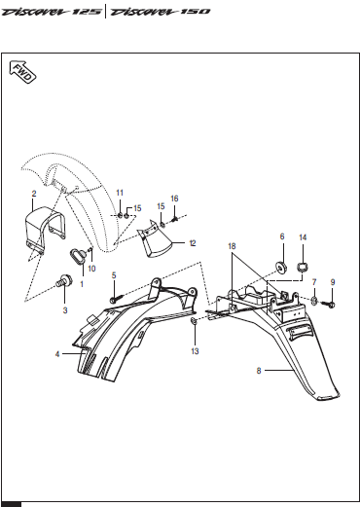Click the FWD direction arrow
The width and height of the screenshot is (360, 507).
click(22, 72)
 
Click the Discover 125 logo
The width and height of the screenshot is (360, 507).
click(52, 12)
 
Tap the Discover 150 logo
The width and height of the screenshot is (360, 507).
click(161, 12)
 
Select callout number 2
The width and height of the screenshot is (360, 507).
click(34, 194)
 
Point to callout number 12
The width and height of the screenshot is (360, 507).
click(193, 243)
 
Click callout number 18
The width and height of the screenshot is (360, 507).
click(232, 246)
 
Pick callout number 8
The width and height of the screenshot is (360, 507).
click(259, 371)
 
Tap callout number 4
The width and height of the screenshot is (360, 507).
click(57, 354)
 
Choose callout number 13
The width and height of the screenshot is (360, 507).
click(195, 351)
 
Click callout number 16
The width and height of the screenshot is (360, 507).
click(174, 199)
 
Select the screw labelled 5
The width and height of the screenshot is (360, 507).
click(118, 299)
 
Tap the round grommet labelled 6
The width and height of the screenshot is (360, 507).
click(281, 267)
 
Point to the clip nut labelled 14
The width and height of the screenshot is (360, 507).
click(303, 267)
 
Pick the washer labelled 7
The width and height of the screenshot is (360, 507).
click(314, 301)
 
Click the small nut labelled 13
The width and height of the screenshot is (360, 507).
click(194, 321)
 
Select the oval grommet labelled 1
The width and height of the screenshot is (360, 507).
click(78, 255)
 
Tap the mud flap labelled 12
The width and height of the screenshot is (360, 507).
click(154, 239)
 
